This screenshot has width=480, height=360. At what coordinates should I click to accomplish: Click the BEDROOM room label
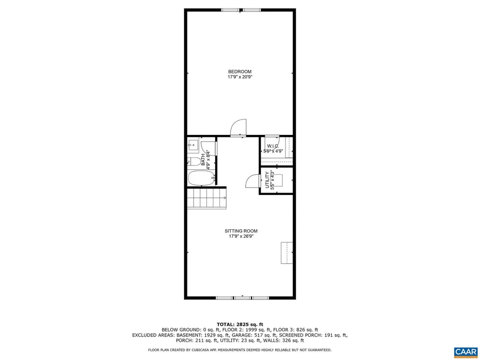[x=240, y=72]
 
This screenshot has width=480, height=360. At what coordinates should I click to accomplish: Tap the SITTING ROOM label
[x=240, y=231]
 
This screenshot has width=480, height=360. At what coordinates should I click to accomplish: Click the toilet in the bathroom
[x=194, y=162]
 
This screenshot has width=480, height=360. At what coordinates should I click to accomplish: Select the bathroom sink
[x=193, y=145]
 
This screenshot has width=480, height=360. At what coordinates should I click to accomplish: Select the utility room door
[x=253, y=181]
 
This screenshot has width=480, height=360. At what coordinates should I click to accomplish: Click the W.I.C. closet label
[x=273, y=146]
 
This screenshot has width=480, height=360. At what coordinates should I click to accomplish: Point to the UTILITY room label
[x=267, y=180]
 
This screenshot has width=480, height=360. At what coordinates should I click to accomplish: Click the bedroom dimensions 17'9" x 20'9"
[x=240, y=77]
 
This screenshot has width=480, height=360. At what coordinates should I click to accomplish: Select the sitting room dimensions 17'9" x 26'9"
[x=240, y=236]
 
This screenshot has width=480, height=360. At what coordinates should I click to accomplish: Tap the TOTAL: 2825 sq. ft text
[x=240, y=324]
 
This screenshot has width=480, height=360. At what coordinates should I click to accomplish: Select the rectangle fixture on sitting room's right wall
[x=286, y=253]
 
